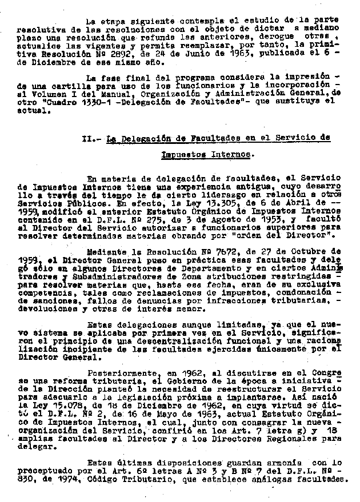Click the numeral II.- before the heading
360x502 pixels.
pyautogui.click(x=91, y=138)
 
